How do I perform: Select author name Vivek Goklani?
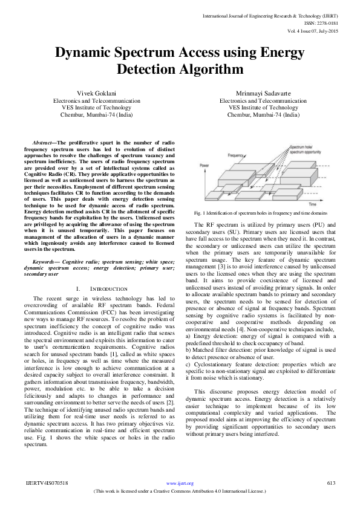pyautogui.click(x=96, y=92)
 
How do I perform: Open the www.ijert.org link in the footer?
pyautogui.click(x=180, y=484)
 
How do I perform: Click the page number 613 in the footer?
pyautogui.click(x=330, y=484)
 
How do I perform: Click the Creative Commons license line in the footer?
pyautogui.click(x=180, y=491)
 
